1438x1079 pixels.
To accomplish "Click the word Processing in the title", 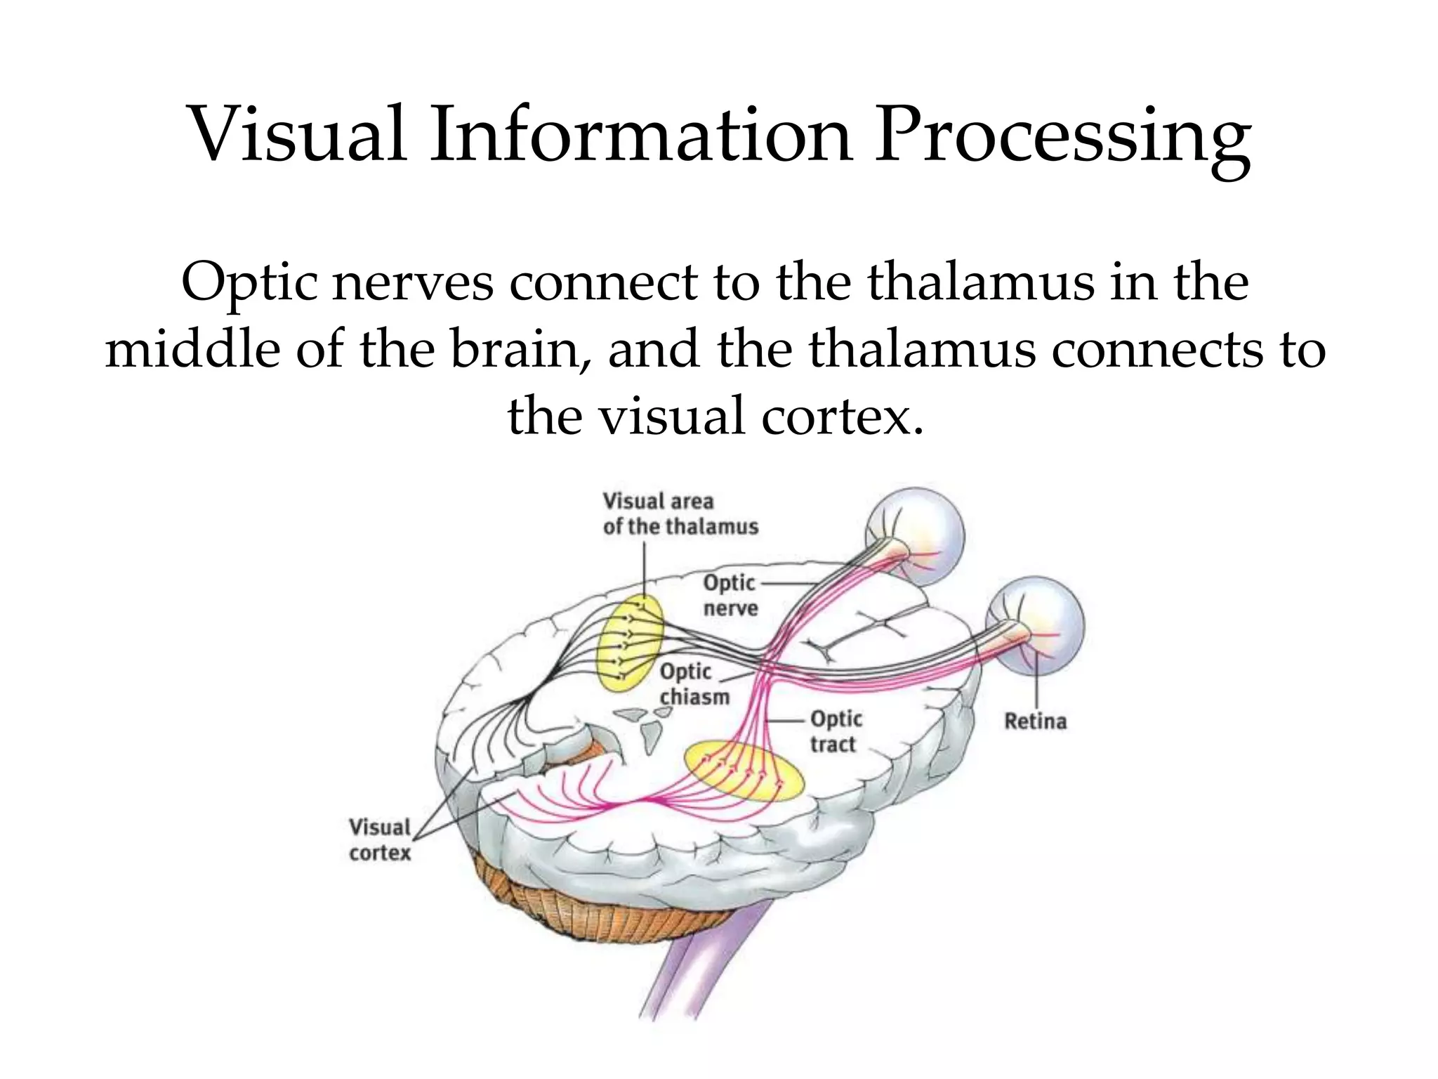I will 1062,135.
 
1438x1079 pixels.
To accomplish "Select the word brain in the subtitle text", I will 519,349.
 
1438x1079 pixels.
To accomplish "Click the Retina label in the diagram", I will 1035,721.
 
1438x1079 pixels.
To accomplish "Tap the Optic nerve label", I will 730,595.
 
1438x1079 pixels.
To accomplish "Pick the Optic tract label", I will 836,731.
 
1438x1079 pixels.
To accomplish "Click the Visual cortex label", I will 380,840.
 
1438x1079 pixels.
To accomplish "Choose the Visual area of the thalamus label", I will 680,514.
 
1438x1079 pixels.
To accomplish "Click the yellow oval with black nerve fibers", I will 629,642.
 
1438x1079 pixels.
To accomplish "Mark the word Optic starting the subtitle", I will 249,282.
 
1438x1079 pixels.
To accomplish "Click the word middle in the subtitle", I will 193,349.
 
